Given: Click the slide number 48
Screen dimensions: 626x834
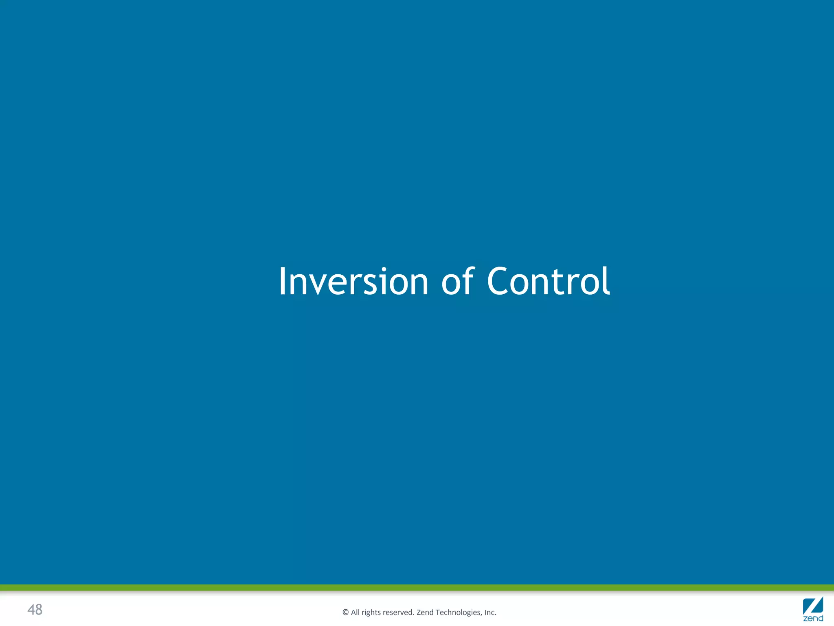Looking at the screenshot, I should click(35, 610).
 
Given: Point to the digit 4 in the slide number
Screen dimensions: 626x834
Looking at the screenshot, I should click(31, 610).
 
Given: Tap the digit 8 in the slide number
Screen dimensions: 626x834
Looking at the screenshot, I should click(39, 610).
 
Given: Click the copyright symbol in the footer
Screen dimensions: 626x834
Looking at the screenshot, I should click(346, 613).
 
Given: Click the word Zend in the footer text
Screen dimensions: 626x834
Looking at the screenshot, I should click(425, 613).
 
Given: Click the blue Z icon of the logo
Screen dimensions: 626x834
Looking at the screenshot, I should click(813, 606).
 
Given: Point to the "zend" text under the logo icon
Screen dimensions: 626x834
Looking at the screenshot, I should click(813, 619).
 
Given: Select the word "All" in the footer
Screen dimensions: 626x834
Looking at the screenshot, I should click(356, 613).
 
